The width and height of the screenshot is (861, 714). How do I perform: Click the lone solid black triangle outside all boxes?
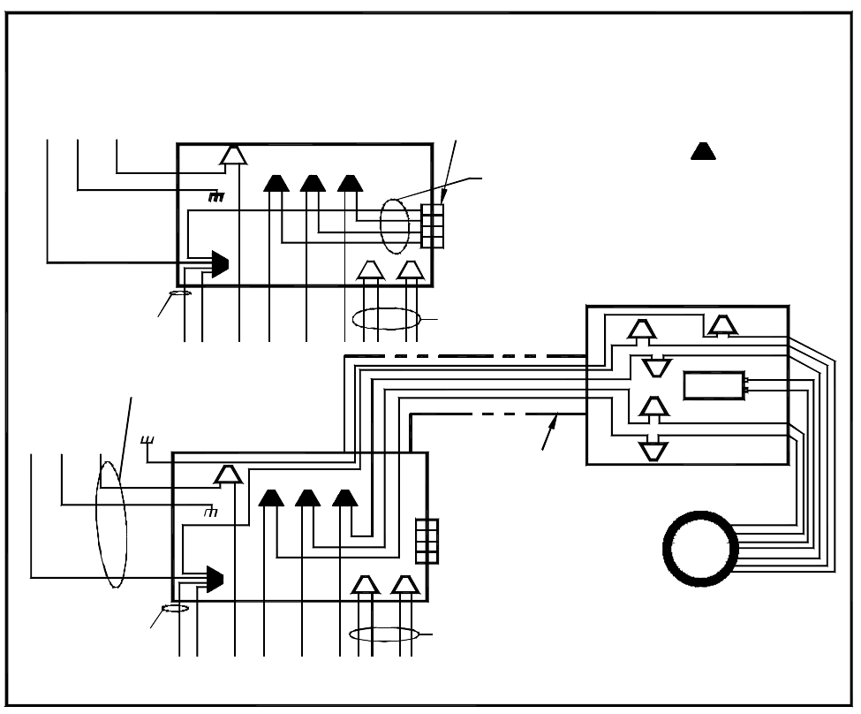point(703,151)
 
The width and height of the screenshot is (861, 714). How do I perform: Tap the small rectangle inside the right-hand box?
point(714,385)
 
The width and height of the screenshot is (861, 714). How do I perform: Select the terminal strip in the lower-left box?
point(427,540)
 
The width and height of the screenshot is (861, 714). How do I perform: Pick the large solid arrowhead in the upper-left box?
point(218,262)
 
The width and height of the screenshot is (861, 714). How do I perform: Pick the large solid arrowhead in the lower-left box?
point(213,579)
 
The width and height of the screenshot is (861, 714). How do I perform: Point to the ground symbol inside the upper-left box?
point(216,196)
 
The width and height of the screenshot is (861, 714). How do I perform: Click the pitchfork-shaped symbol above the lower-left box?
point(147,439)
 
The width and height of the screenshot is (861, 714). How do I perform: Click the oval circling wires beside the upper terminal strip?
point(396,225)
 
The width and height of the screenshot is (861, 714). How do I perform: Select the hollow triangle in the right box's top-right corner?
point(723,325)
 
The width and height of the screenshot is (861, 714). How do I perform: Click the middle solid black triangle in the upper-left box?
point(313,183)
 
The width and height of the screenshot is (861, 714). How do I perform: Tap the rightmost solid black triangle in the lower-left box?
point(345,498)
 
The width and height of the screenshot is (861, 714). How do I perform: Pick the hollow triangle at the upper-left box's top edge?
point(232,156)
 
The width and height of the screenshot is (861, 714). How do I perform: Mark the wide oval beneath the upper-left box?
point(385,317)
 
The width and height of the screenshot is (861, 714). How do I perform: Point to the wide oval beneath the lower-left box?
point(383,634)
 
